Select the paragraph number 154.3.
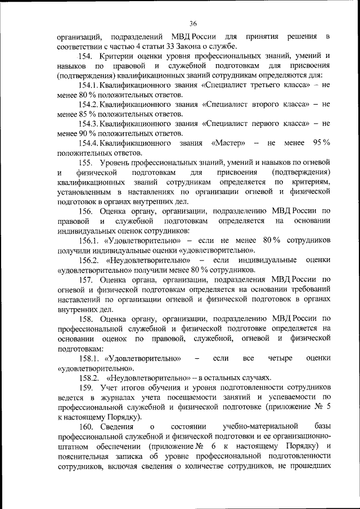tap(91, 124)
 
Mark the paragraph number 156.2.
tap(89, 260)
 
